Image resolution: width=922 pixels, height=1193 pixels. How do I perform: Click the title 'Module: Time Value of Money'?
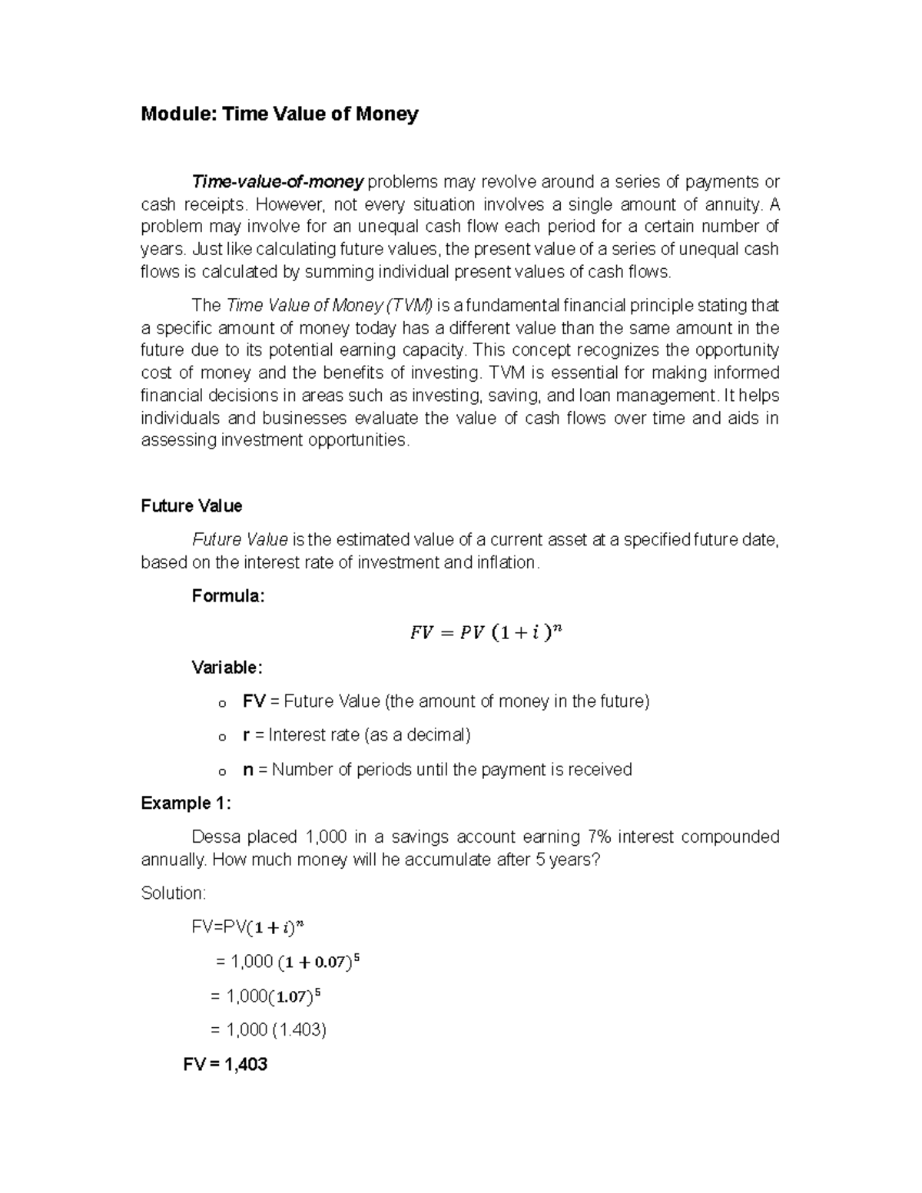click(280, 114)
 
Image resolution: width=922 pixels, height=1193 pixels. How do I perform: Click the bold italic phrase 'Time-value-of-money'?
click(277, 182)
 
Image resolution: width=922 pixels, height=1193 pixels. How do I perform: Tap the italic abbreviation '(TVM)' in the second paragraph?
click(410, 306)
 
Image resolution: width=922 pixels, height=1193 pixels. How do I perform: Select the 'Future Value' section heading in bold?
click(191, 505)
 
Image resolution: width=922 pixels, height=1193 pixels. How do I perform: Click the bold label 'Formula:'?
click(227, 596)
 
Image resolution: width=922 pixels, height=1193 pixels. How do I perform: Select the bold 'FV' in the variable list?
click(254, 701)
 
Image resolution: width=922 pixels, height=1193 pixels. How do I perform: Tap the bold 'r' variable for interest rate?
click(246, 735)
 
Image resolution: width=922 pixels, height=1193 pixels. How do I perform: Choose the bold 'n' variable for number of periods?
click(247, 770)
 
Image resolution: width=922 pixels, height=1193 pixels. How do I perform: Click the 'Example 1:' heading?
click(186, 804)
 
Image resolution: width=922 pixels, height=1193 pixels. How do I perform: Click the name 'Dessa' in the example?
click(214, 837)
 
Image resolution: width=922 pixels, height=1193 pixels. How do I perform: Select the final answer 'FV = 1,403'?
click(225, 1065)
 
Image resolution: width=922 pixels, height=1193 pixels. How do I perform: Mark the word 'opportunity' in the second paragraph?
click(737, 350)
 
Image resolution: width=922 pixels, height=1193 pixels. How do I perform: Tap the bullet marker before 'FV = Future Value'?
click(222, 703)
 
